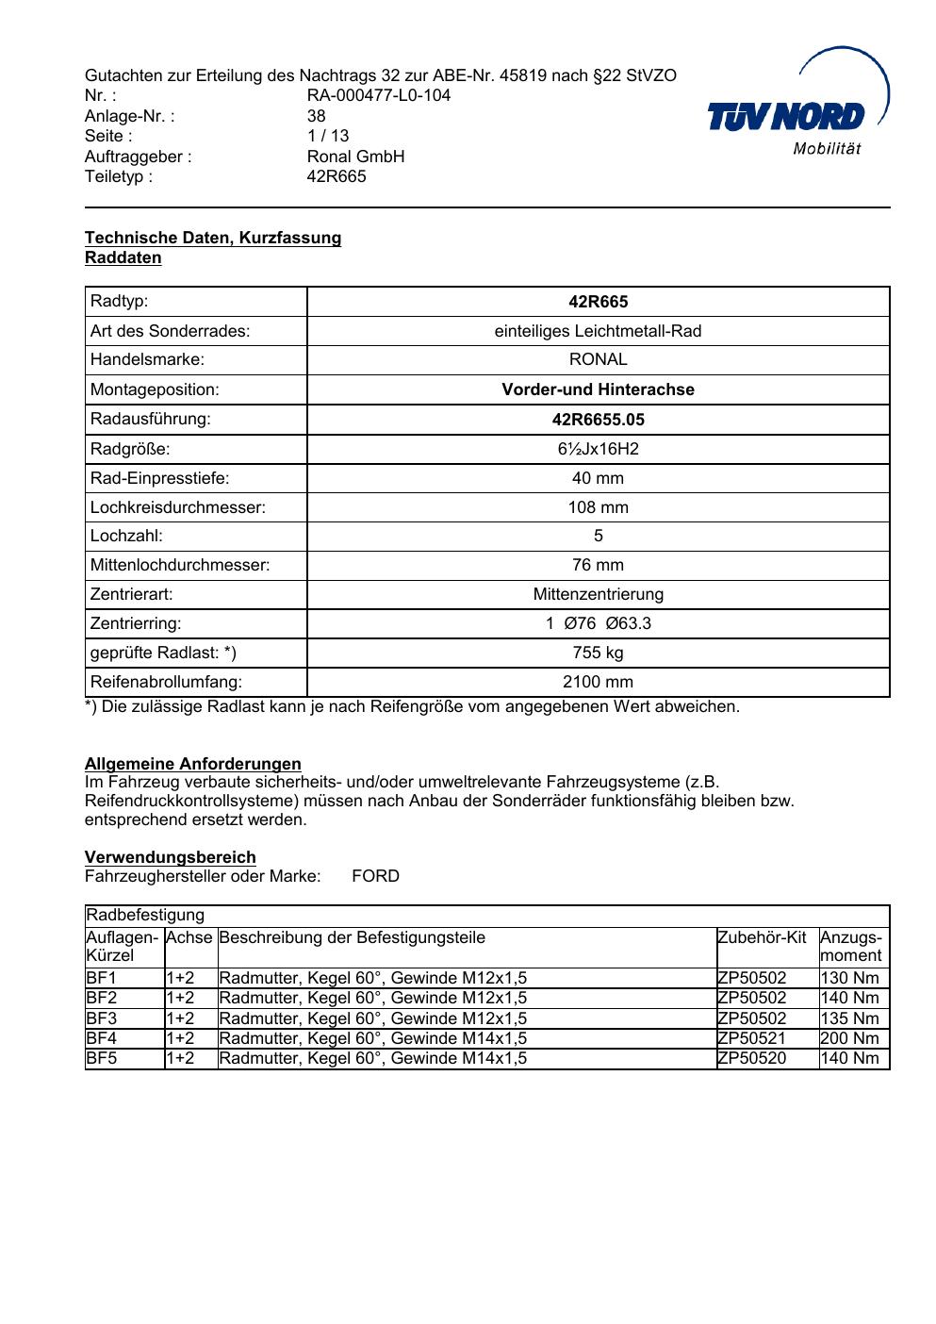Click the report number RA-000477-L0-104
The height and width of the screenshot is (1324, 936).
point(379,95)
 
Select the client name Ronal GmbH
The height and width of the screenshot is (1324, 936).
point(355,157)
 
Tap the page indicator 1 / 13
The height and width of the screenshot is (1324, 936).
point(328,136)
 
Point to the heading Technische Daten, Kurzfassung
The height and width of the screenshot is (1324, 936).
point(213,238)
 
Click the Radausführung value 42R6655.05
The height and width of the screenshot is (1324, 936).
point(598,420)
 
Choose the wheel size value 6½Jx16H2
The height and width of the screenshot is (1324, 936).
point(598,449)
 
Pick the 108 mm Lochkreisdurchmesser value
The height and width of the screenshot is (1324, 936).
point(598,507)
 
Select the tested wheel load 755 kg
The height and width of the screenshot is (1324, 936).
point(598,653)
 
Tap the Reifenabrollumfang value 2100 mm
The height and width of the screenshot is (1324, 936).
point(598,682)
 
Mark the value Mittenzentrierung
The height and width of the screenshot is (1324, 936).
point(598,594)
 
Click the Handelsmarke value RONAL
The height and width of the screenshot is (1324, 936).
point(598,359)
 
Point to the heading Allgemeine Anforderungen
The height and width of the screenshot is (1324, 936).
point(193,764)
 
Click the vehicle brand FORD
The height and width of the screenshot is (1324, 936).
point(375,876)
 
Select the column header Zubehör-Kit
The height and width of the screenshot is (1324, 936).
point(762,937)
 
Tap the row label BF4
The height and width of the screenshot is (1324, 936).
point(102,1038)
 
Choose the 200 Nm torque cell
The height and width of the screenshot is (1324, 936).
point(849,1038)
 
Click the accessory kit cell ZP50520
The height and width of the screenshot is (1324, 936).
point(751,1058)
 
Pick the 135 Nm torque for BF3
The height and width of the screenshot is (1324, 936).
point(849,1018)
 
